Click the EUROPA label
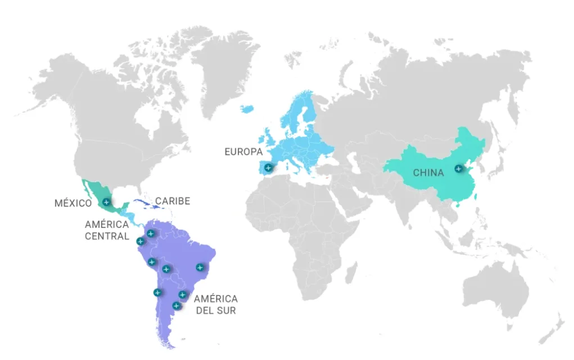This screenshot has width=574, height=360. [243, 152]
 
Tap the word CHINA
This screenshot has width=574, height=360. [428, 173]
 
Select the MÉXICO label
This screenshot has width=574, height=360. [73, 202]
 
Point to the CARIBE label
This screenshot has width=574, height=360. [173, 201]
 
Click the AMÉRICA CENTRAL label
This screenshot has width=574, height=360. [107, 230]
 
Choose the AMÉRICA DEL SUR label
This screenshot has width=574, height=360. [216, 304]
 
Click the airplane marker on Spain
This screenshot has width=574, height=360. [269, 167]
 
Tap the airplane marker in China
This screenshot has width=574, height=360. [458, 168]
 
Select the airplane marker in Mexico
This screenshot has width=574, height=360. [106, 201]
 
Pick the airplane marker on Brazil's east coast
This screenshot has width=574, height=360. [200, 267]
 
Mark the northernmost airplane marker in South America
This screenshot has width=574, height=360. [150, 233]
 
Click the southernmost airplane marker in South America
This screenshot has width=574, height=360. [177, 305]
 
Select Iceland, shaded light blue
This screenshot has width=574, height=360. [246, 109]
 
